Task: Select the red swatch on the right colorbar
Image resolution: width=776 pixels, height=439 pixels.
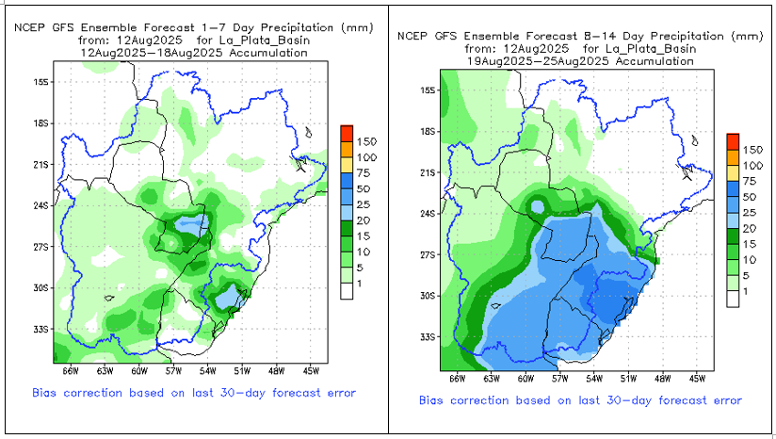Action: coord(733,139)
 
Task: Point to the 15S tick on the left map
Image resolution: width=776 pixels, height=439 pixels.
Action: coord(40,82)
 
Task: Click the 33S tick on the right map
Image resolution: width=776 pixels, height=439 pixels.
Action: coord(427,336)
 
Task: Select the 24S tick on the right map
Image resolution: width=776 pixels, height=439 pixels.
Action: coord(427,213)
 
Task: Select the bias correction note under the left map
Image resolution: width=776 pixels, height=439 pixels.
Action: coord(193,392)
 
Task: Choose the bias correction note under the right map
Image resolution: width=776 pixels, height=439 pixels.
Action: coord(581,400)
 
